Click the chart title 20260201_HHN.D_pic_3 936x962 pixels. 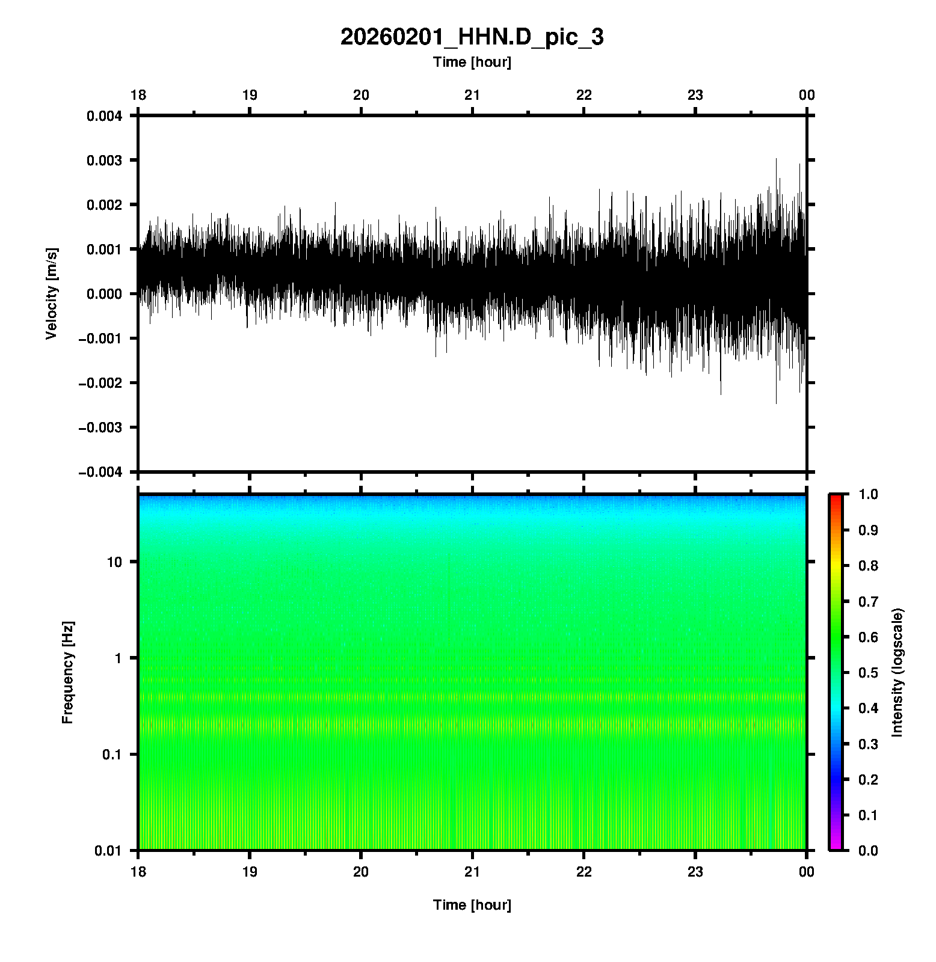(x=472, y=37)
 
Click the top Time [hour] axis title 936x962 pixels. (x=472, y=63)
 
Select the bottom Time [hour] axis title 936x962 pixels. (x=472, y=905)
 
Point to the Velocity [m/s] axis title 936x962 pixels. (x=52, y=293)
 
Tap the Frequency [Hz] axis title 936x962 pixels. (x=67, y=673)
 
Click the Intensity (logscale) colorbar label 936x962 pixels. (x=898, y=672)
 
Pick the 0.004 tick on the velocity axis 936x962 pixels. (x=104, y=116)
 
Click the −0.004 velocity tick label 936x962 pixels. (x=100, y=472)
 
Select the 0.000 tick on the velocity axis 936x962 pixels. (x=104, y=294)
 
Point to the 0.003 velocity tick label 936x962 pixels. (x=104, y=161)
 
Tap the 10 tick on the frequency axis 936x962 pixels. (x=114, y=562)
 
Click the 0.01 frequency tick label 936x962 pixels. (x=108, y=851)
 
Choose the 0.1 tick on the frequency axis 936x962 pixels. (x=111, y=755)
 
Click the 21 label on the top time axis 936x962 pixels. (x=472, y=95)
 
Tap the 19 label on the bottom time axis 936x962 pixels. (x=250, y=872)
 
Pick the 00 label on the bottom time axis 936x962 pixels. (x=807, y=872)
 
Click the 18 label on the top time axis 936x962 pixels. (x=138, y=95)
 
